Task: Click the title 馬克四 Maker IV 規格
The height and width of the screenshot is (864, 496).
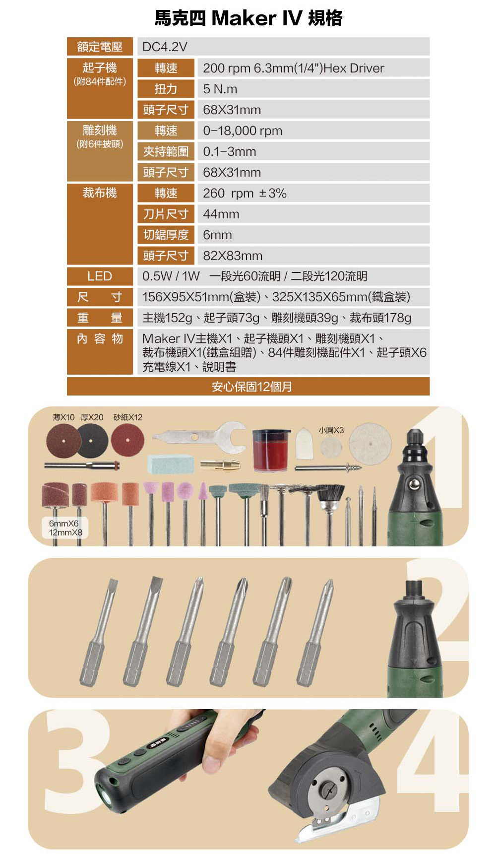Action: click(248, 18)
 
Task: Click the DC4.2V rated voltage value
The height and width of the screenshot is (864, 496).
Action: click(165, 47)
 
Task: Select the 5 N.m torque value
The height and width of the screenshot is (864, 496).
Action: click(220, 89)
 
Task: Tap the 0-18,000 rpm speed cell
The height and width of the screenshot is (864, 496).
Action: click(243, 131)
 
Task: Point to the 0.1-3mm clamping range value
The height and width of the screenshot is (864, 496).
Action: click(230, 151)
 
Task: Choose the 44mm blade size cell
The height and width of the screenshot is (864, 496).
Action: click(221, 214)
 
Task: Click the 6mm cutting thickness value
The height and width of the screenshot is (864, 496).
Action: click(217, 235)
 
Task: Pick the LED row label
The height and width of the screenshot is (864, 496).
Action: click(100, 276)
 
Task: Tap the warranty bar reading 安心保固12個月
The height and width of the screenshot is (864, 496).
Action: click(248, 386)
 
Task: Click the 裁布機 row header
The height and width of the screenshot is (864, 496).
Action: click(100, 193)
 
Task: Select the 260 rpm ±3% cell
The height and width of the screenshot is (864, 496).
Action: click(245, 193)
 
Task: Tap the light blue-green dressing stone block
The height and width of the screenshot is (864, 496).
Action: click(171, 463)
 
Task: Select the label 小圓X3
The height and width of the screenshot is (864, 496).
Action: click(331, 430)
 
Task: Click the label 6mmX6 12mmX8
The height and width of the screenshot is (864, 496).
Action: click(64, 528)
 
